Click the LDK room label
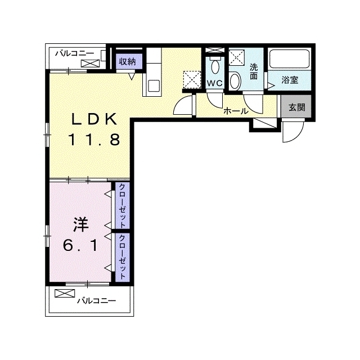tap(94, 119)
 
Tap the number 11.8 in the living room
tap(94, 140)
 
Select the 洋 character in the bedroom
tap(81, 225)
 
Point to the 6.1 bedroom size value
tap(80, 246)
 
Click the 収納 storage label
tap(128, 61)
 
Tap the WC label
tap(215, 83)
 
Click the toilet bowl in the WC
tap(215, 67)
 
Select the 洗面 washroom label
tap(254, 71)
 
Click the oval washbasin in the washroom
tap(235, 81)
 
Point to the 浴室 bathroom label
tap(290, 80)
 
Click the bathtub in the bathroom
tap(290, 59)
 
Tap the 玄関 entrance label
tap(296, 107)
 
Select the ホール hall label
tap(236, 111)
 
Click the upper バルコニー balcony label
tap(75, 54)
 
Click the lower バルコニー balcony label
tap(96, 300)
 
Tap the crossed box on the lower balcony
tap(65, 294)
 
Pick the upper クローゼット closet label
tap(123, 206)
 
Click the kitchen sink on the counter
tap(154, 85)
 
